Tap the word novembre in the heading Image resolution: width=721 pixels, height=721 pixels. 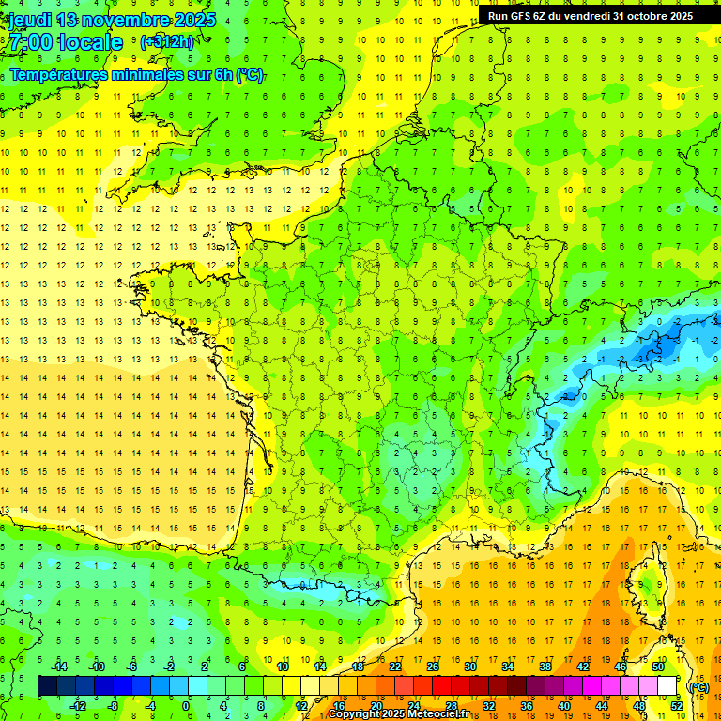pyautogui.click(x=130, y=20)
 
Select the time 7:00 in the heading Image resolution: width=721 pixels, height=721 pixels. pyautogui.click(x=29, y=42)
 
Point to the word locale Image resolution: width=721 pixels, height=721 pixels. pyautogui.click(x=90, y=42)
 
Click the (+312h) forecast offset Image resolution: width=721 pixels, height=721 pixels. pyautogui.click(x=167, y=42)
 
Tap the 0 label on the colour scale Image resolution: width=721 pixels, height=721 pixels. pyautogui.click(x=186, y=706)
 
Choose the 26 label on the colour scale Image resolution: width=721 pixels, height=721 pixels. pyautogui.click(x=433, y=666)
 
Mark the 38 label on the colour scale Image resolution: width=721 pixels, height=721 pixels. pyautogui.click(x=545, y=666)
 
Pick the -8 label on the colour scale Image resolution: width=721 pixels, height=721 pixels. pyautogui.click(x=113, y=706)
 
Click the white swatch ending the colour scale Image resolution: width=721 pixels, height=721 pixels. pyautogui.click(x=667, y=685)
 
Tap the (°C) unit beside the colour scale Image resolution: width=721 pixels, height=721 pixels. pyautogui.click(x=698, y=687)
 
